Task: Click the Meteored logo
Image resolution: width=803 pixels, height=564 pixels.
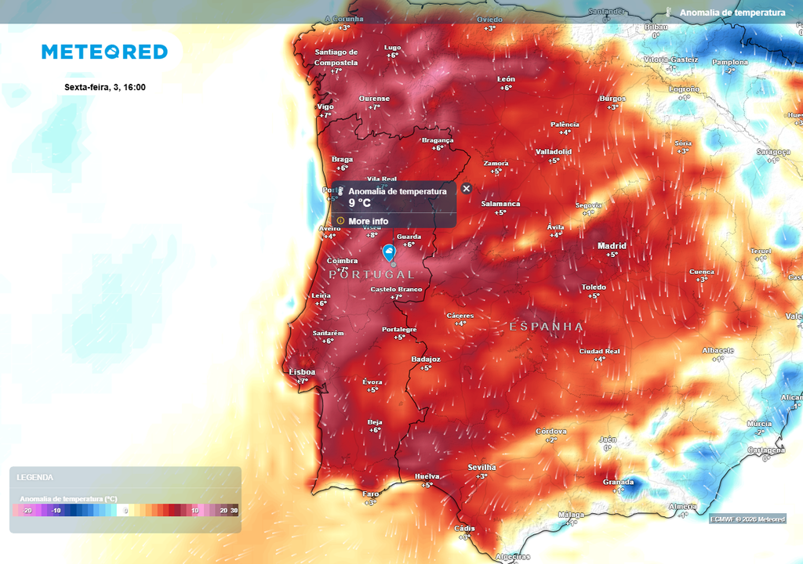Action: click(x=104, y=52)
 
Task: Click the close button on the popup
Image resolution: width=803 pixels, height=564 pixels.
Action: click(x=467, y=189)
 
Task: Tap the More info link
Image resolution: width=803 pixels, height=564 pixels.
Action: click(x=368, y=221)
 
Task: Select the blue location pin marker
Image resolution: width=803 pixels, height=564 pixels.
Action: click(x=389, y=252)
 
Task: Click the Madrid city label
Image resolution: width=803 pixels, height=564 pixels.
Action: click(x=612, y=246)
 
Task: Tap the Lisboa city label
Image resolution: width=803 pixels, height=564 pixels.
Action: click(x=302, y=372)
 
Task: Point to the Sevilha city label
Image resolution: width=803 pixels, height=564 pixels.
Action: click(x=481, y=468)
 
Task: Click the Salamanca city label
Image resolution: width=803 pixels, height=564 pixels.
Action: click(x=500, y=204)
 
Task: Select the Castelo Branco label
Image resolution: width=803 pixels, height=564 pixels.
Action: click(x=396, y=289)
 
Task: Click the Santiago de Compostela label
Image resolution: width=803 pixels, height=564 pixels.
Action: click(x=336, y=57)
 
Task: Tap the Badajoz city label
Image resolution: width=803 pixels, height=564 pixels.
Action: click(x=426, y=360)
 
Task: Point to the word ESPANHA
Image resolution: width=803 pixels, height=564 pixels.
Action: click(x=546, y=327)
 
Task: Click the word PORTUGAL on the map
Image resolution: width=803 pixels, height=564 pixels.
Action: click(x=372, y=275)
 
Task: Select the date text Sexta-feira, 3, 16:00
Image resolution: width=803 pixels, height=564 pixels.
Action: click(x=105, y=87)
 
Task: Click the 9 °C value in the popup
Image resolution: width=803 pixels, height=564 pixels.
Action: click(x=360, y=203)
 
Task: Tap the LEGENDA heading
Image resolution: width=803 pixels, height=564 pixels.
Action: click(x=35, y=477)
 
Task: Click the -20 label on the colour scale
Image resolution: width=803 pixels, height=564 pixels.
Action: click(x=27, y=511)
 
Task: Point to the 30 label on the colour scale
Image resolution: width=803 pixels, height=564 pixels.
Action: click(x=234, y=511)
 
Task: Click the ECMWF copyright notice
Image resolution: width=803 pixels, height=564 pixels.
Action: click(x=747, y=519)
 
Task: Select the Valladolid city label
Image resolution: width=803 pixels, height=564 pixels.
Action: click(x=554, y=151)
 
